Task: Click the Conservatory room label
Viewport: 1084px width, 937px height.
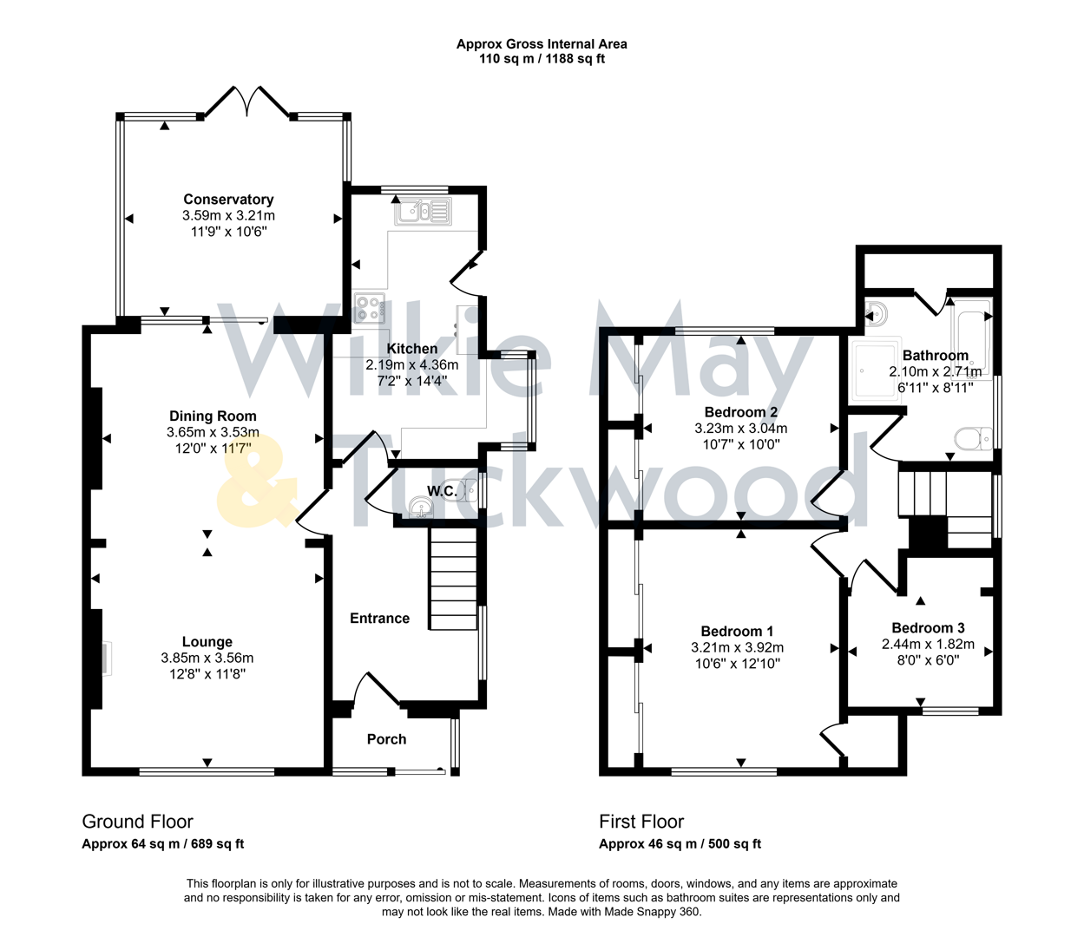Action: tap(228, 200)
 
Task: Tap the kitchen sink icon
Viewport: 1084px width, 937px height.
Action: tap(423, 211)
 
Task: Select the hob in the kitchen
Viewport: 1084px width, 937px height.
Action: tap(371, 309)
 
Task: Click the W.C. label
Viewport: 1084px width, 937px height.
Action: tap(442, 491)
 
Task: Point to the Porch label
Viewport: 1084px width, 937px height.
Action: tap(386, 739)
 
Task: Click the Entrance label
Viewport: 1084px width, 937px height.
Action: tap(379, 618)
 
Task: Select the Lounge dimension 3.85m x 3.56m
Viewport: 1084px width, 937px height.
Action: tap(207, 658)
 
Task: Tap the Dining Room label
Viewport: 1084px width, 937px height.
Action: tap(213, 416)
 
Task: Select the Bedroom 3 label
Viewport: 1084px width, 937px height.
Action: tap(928, 628)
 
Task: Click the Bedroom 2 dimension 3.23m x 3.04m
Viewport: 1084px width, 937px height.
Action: tap(740, 428)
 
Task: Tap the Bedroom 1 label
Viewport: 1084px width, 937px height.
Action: tap(737, 632)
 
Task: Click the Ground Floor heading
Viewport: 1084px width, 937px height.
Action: tap(137, 822)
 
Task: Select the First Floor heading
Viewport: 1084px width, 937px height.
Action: tap(641, 822)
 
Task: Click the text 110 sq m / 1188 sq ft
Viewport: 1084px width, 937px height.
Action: tap(542, 59)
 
